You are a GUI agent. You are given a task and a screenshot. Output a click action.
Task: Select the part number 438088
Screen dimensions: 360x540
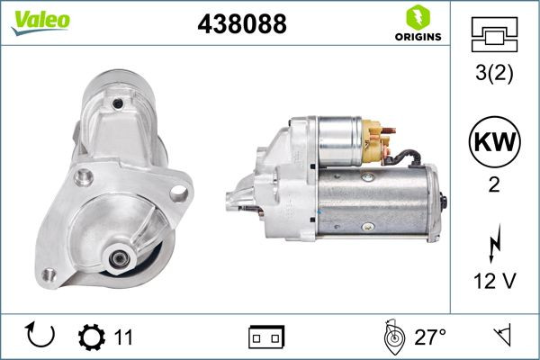coord(241,24)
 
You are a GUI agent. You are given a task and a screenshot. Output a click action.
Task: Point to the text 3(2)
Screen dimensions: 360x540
coord(494,75)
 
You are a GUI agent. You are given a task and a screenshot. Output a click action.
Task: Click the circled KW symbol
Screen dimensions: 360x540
coord(494,141)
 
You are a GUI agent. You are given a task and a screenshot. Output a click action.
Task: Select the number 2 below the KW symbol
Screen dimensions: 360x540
coord(494,186)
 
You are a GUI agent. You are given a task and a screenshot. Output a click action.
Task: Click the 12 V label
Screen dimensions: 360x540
coord(494,282)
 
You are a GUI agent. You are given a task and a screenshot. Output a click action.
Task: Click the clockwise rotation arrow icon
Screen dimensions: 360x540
coord(41,337)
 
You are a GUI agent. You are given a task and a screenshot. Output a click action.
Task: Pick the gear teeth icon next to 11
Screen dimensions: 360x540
coord(92,337)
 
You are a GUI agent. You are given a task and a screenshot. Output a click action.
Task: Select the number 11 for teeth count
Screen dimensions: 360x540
coord(123,337)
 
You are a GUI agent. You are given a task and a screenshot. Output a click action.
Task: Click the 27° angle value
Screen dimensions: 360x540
coord(429,337)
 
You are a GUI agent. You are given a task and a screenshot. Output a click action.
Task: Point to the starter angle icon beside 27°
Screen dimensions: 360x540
coord(391,337)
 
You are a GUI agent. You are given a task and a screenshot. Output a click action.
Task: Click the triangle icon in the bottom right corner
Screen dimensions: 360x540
coord(499,337)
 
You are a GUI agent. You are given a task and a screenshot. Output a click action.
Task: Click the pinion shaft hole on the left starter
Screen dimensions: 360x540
coord(117,260)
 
